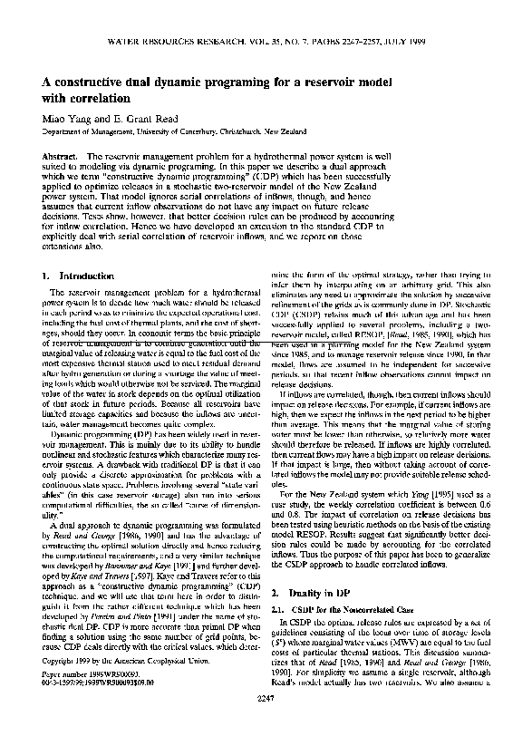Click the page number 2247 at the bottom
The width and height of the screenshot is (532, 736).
266,723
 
